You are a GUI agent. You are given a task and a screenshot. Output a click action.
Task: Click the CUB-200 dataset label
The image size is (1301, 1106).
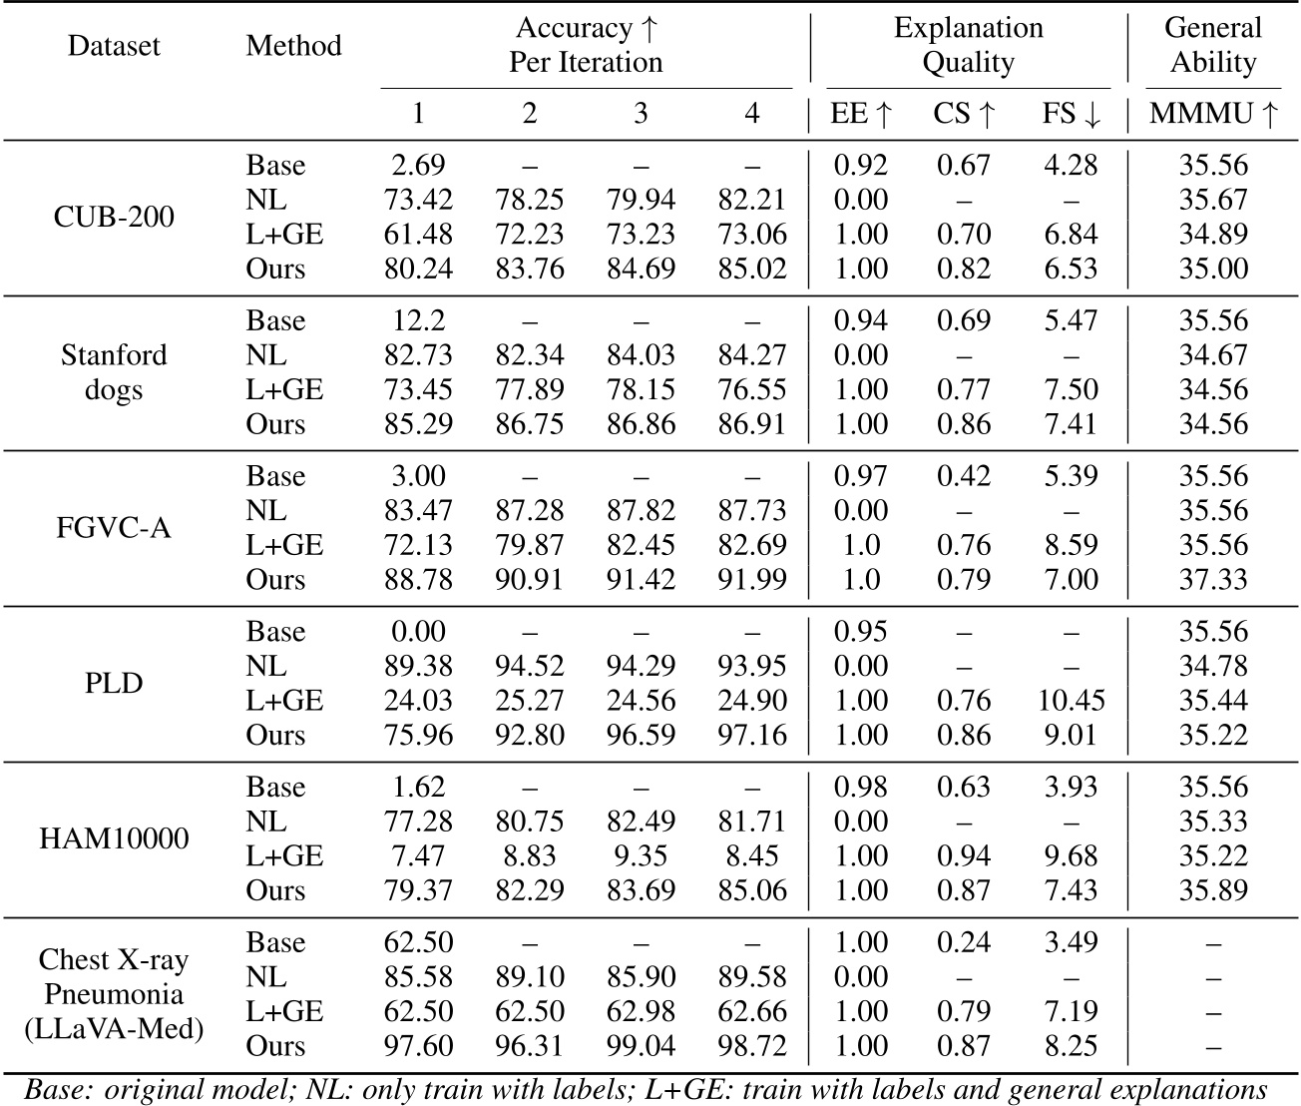[x=114, y=217]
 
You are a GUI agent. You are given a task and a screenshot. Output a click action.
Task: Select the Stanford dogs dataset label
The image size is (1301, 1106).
[x=114, y=372]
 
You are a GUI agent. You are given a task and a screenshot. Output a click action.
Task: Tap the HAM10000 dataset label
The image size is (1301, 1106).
[x=114, y=838]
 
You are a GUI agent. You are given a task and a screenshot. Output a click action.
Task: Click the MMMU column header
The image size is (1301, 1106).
[x=1213, y=114]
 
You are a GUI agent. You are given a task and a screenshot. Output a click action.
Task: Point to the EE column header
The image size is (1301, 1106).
[x=861, y=114]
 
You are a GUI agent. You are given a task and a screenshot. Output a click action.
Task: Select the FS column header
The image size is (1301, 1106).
[x=1072, y=114]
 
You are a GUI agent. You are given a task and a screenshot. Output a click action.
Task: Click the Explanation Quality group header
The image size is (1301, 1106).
[x=968, y=45]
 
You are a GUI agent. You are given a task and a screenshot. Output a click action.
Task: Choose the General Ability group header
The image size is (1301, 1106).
[x=1213, y=45]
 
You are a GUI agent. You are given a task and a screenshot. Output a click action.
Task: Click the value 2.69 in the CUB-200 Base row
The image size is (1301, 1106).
[x=418, y=165]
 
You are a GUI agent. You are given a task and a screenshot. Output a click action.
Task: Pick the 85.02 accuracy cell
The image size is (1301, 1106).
[x=752, y=269]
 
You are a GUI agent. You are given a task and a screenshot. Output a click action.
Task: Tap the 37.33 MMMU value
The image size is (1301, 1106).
[x=1213, y=580]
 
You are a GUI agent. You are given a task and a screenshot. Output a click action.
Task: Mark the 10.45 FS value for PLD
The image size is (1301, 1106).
[x=1072, y=701]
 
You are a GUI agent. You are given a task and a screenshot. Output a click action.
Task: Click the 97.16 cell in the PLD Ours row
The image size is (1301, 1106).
[x=752, y=736]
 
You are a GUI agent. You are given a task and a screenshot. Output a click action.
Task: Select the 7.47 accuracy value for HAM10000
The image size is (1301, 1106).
[x=418, y=856]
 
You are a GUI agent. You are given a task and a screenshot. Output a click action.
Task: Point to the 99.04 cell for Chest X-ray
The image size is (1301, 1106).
[x=641, y=1046]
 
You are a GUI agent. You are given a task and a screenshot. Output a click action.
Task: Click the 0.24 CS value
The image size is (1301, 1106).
[x=964, y=942]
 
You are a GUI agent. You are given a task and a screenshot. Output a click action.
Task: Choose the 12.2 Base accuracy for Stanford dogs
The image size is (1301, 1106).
[x=418, y=320]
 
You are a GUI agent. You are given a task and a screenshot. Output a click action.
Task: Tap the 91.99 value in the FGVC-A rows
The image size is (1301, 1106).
[x=752, y=580]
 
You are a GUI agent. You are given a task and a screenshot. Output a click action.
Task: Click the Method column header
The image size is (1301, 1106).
[x=293, y=45]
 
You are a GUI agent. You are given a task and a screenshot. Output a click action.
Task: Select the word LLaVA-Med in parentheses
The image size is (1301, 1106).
[x=114, y=1028]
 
